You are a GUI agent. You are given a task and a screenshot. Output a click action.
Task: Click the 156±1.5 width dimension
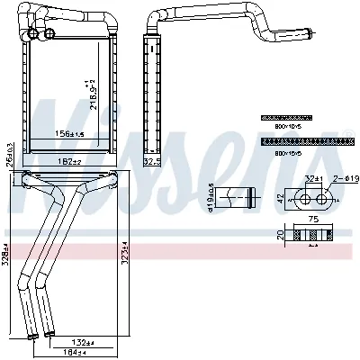click(x=69, y=134)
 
